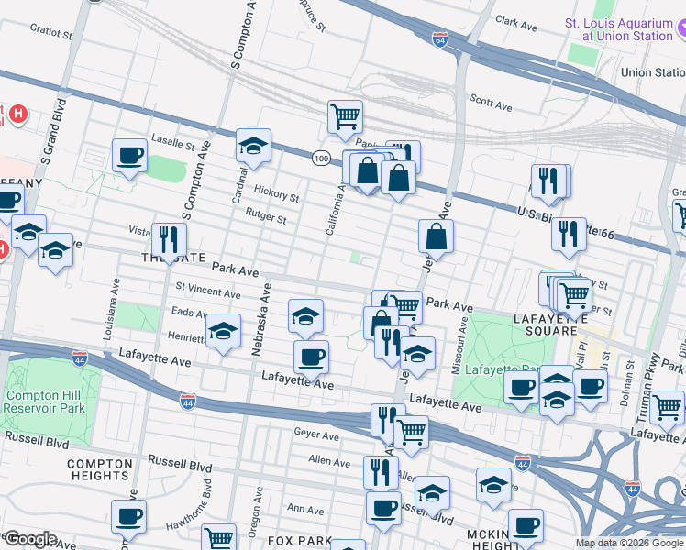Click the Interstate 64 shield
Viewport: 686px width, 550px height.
[x=440, y=38]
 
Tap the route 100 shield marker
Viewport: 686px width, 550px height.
[x=319, y=159]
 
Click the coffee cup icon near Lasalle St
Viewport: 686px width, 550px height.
[x=129, y=155]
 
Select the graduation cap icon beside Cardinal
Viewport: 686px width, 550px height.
[x=253, y=145]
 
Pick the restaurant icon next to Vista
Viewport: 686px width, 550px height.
[x=167, y=239]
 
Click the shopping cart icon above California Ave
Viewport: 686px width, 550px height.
[x=345, y=115]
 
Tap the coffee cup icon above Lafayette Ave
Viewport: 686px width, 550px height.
[x=311, y=356]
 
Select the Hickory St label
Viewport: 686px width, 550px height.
[x=278, y=196]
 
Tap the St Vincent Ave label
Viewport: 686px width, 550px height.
[x=207, y=291]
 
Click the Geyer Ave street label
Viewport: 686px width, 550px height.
[x=310, y=432]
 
